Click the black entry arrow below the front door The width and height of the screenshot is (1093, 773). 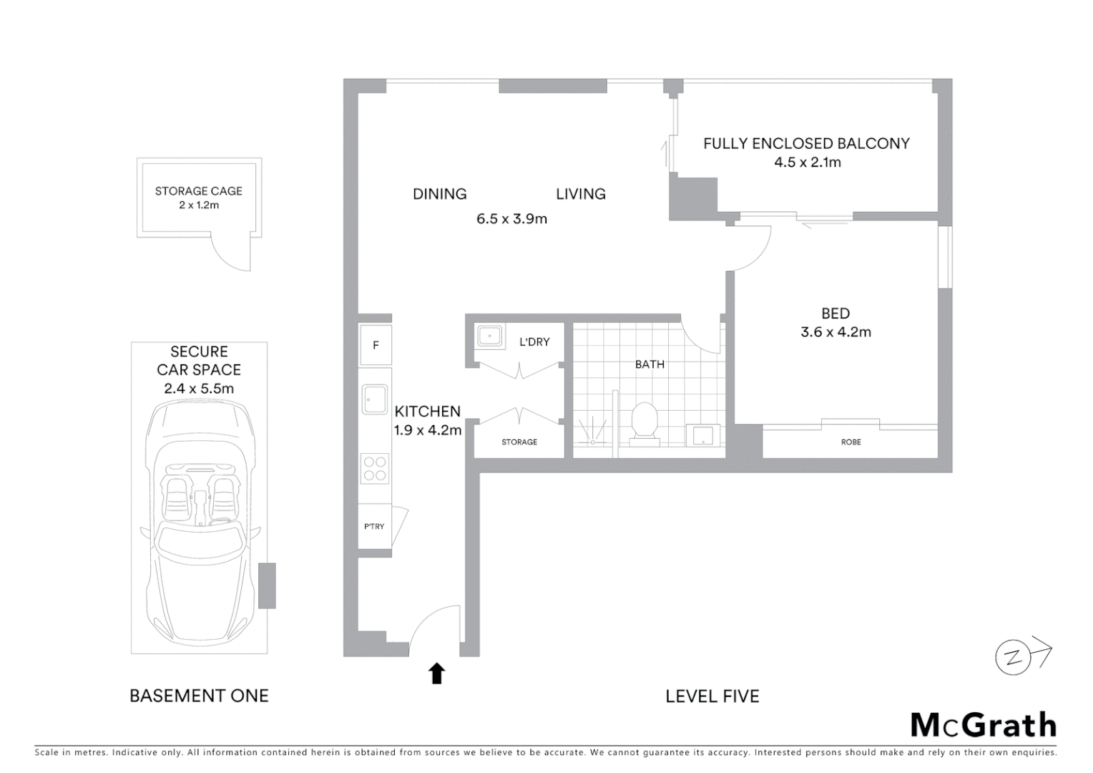[436, 674]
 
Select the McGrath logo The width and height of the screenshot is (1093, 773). [983, 725]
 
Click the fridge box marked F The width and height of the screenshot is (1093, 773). [376, 345]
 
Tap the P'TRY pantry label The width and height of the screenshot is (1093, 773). [374, 526]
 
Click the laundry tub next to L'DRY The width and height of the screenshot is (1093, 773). [489, 335]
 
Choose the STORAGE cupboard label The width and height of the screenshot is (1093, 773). [519, 442]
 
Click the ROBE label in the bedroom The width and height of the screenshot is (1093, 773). [851, 442]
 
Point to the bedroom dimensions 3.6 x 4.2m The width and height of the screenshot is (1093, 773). [835, 332]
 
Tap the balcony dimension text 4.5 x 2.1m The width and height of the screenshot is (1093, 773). [807, 162]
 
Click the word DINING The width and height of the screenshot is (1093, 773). [439, 194]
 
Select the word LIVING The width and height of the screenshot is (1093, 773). [580, 194]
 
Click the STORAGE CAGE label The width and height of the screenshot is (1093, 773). [198, 191]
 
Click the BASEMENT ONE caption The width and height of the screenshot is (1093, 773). [199, 696]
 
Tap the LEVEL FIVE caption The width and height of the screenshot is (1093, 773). [712, 696]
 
